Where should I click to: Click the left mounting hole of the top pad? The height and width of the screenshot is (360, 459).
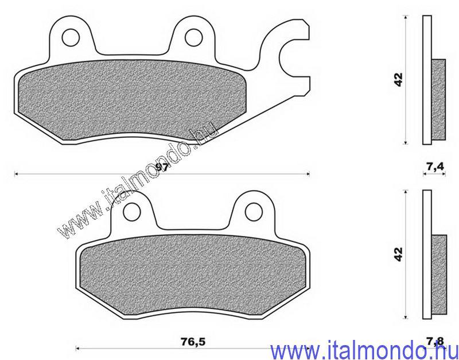(71, 37)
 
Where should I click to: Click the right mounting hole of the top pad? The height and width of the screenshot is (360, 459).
(194, 37)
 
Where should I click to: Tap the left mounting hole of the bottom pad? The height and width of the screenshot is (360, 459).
(133, 212)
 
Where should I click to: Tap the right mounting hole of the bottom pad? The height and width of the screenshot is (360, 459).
(254, 212)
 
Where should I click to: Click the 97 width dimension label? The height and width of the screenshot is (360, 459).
(162, 168)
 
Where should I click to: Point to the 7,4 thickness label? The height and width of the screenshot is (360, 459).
(435, 167)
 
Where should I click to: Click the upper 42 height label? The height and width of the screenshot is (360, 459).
(398, 79)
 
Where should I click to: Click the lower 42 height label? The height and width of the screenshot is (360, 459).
(398, 254)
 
